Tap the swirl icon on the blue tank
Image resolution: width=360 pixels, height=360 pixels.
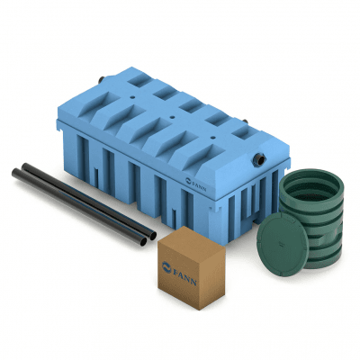coord(188,180)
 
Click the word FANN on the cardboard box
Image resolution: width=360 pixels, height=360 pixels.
coord(184,277)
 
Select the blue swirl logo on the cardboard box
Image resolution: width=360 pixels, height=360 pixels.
coord(166,267)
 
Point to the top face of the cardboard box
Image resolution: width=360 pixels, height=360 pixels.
coord(192,240)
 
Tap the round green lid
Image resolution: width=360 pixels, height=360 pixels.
coord(283,245)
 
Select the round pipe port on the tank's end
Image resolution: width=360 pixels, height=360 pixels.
coord(259,159)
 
